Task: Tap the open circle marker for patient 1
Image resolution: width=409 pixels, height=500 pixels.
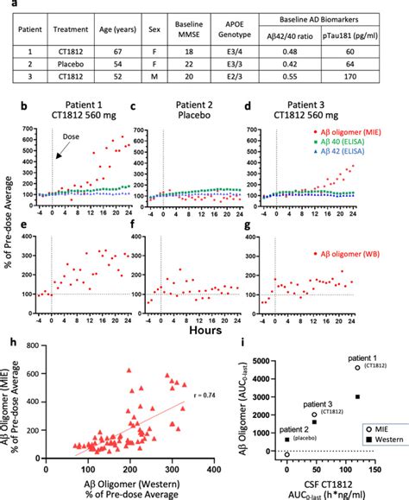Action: [357, 368]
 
